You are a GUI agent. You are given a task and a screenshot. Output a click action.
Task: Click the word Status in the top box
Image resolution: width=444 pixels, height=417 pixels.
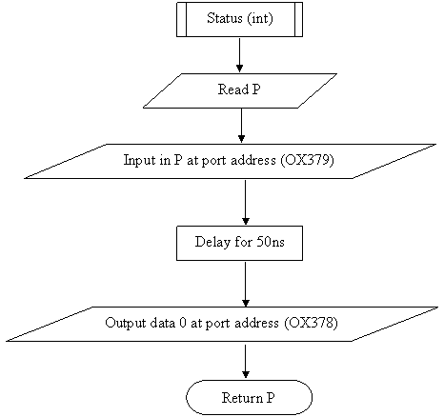coord(225,18)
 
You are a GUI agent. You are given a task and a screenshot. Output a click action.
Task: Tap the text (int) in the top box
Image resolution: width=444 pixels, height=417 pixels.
coord(259,18)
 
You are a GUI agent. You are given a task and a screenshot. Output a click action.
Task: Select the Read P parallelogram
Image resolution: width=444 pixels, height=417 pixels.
coord(240,90)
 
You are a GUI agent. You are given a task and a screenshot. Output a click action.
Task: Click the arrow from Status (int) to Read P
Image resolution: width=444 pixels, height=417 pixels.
coord(240,55)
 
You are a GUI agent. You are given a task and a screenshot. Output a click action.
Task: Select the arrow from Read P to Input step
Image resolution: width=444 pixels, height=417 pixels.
coord(241,126)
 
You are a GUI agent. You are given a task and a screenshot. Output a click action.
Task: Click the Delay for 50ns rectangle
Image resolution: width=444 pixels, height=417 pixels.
coord(240,243)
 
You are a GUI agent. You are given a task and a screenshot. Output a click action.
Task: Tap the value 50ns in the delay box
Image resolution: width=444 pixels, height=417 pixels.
coord(271,242)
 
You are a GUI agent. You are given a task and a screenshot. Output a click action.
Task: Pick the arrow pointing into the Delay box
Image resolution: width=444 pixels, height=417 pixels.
coord(246,202)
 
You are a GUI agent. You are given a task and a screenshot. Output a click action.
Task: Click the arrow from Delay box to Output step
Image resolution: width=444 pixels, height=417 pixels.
coord(246,284)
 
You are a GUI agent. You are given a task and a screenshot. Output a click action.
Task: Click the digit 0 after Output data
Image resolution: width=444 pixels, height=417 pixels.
coord(183,323)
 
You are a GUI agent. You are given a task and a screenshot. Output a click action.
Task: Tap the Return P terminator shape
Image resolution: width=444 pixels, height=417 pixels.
coord(250,397)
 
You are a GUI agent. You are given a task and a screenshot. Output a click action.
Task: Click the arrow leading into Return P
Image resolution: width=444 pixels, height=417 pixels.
coord(246,361)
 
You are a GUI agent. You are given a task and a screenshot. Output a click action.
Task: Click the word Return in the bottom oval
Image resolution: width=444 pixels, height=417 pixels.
coord(242,398)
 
